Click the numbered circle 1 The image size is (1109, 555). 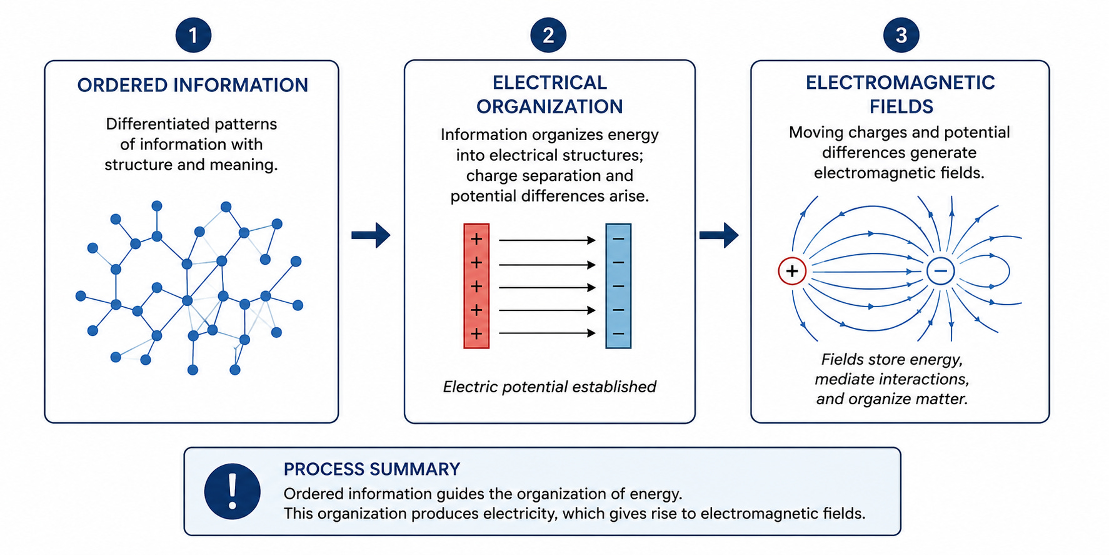tap(193, 35)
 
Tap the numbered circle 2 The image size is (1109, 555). tap(548, 35)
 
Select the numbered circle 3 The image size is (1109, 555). tap(901, 35)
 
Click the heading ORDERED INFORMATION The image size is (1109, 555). tap(193, 85)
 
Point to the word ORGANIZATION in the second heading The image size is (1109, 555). tap(549, 107)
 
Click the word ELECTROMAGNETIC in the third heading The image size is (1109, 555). tap(900, 83)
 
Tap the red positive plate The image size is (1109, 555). tap(476, 286)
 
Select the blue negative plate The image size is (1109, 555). tap(618, 286)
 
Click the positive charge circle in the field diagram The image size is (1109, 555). tap(792, 272)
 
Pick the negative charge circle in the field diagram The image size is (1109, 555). tap(940, 272)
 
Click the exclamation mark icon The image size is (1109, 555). tap(233, 491)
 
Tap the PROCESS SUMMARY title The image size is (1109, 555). tap(372, 469)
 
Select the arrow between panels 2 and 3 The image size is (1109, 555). tap(719, 235)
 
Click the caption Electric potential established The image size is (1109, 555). tap(549, 387)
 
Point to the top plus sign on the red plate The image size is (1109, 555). tap(476, 239)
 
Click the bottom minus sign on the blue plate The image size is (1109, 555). tap(618, 334)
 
